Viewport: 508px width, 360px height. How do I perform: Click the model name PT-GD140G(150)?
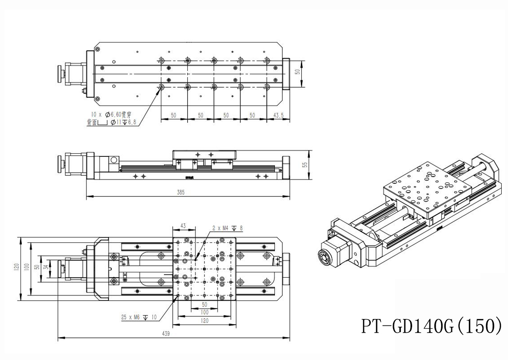click(432, 326)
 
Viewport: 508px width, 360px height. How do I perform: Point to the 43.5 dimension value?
click(278, 115)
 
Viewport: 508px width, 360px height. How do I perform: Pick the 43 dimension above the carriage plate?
click(184, 226)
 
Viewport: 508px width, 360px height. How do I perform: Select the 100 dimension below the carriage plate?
click(204, 313)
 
